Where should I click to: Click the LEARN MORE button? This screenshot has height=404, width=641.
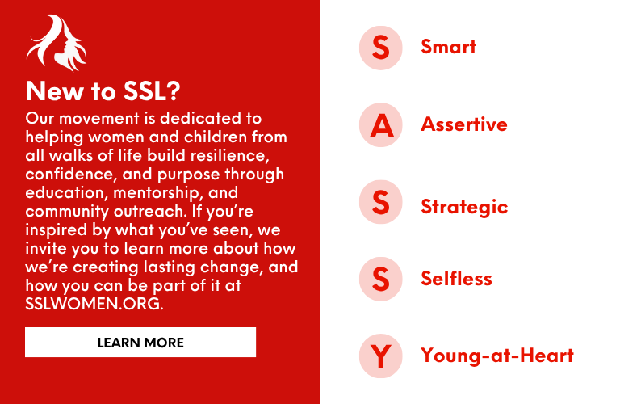[140, 343]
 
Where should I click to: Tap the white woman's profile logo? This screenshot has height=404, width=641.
[57, 43]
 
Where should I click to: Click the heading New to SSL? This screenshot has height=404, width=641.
[103, 90]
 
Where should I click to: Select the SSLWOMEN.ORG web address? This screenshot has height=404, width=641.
[94, 304]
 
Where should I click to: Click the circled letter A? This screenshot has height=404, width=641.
[380, 125]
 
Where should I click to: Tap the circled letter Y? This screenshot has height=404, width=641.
[380, 356]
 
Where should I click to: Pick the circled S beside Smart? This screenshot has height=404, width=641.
[380, 48]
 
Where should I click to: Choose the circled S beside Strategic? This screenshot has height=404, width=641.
[380, 202]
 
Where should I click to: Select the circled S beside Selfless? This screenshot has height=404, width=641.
[380, 279]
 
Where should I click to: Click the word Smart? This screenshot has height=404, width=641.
[448, 47]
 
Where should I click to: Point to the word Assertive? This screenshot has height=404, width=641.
[464, 124]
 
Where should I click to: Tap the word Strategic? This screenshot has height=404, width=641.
[464, 207]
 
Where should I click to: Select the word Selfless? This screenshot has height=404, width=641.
[456, 278]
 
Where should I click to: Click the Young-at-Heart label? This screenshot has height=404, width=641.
[497, 356]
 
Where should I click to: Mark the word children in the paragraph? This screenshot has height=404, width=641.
[216, 137]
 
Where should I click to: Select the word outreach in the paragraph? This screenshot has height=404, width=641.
[150, 211]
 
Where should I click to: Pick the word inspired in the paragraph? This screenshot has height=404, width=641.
[57, 230]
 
